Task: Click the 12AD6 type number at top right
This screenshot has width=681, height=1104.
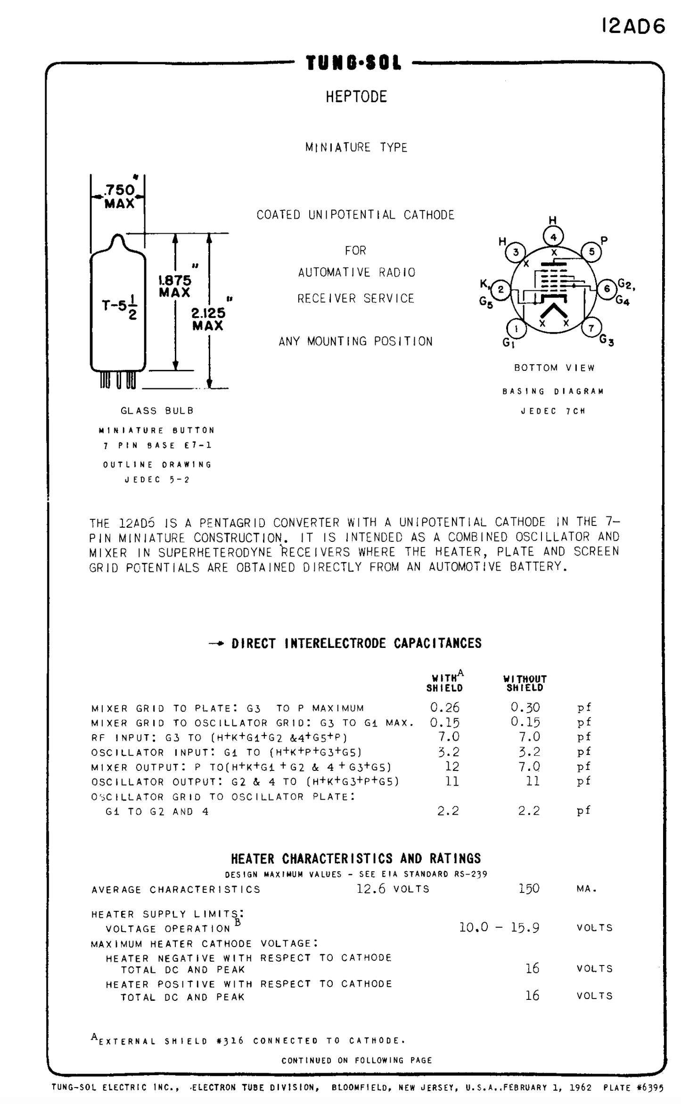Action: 633,26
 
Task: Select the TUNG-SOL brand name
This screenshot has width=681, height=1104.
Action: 353,63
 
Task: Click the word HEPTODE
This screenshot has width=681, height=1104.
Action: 356,97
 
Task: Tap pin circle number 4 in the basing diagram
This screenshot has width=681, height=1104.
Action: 553,237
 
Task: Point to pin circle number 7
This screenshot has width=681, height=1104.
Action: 591,327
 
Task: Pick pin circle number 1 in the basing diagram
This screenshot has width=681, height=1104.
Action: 517,328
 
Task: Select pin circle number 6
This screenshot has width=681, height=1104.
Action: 607,288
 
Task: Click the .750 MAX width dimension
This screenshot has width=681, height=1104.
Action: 119,196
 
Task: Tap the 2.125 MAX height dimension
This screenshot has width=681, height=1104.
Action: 208,319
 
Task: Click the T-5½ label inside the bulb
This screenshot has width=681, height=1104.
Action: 120,307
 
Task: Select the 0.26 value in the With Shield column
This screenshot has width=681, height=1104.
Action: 444,707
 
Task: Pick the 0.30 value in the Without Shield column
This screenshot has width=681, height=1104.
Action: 525,707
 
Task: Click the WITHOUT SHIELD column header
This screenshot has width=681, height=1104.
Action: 525,683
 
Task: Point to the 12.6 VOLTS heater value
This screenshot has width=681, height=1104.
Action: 393,889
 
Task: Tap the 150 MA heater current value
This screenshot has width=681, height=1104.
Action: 529,889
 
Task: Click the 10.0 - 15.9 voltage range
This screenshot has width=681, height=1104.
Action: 499,927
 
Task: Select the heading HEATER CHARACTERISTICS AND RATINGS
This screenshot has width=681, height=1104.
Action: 356,858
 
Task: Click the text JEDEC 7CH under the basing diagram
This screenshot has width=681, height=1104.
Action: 553,411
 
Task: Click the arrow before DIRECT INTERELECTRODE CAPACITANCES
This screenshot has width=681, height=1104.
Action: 217,644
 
